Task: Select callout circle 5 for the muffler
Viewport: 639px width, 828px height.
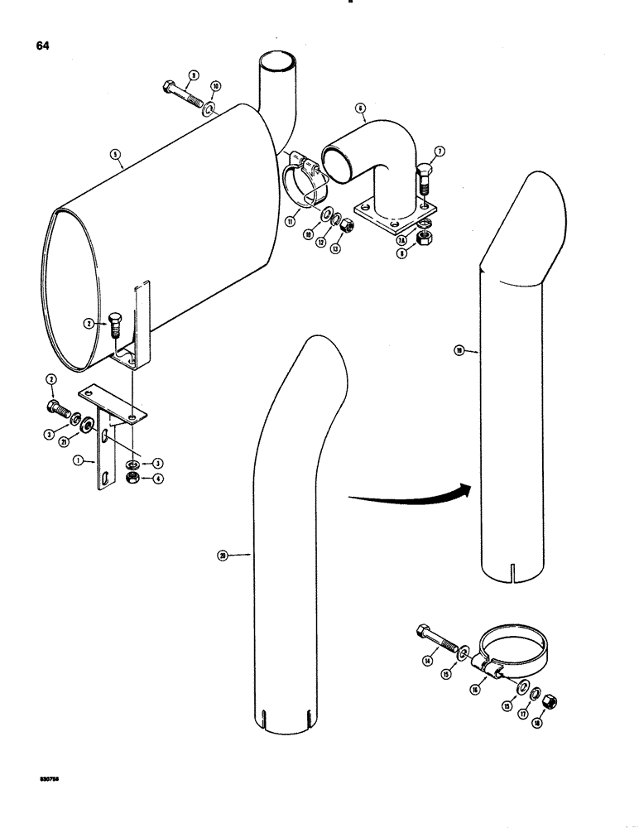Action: click(115, 153)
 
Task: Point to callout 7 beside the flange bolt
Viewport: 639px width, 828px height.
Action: click(439, 151)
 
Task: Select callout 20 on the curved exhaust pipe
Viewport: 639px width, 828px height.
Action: click(222, 556)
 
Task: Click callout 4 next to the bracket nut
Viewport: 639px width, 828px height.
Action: click(156, 477)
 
